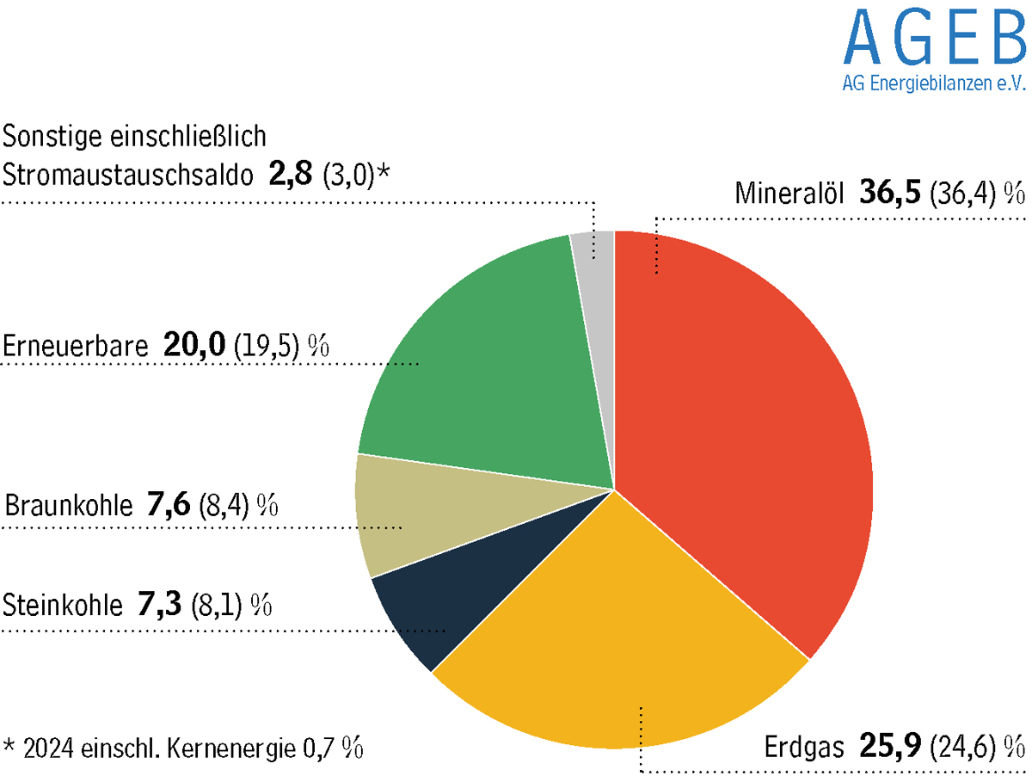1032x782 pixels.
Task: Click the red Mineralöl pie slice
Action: (x=740, y=430)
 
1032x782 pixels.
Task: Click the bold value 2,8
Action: (x=288, y=174)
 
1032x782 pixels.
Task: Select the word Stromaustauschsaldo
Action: (x=128, y=175)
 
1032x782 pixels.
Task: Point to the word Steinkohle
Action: (x=63, y=606)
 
